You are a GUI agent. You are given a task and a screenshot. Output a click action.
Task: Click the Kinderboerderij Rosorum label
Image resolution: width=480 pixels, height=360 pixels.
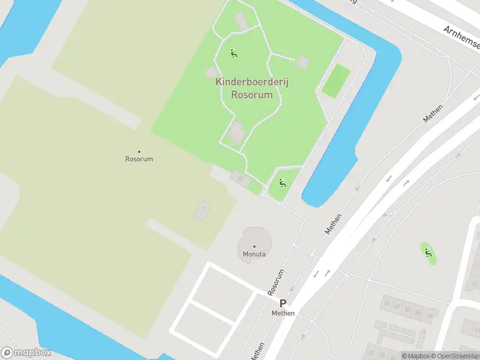252,89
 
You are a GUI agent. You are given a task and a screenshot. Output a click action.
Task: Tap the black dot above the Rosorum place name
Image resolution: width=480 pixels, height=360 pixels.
139,151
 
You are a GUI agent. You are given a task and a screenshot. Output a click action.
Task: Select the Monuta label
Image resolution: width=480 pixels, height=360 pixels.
254,254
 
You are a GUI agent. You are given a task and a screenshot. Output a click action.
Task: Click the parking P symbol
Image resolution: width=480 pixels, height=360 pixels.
283,304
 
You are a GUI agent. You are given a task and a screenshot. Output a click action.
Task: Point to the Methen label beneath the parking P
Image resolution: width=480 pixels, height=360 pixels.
283,313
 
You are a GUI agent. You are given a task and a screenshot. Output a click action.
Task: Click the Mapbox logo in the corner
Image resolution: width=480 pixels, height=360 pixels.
26,353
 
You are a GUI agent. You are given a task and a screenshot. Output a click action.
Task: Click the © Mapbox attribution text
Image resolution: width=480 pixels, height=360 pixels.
415,356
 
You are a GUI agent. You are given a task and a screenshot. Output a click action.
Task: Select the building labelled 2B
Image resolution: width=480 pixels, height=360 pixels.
241,178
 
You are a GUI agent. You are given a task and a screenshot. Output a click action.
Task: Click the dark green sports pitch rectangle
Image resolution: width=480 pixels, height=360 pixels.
336,81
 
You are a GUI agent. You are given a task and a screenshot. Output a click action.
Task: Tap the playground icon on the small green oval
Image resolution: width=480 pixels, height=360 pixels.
427,253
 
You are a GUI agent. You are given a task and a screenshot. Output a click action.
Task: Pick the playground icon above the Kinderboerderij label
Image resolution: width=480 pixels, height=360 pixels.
234,53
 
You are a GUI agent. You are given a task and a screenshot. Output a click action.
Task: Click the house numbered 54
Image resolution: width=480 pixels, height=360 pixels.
430,315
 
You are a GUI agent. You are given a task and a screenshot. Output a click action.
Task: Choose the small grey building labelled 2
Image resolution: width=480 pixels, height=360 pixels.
202,210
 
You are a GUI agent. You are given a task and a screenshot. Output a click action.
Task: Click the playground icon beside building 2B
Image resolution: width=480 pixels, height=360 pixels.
282,182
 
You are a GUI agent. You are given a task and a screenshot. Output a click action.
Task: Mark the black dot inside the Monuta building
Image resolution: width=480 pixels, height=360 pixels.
254,247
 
